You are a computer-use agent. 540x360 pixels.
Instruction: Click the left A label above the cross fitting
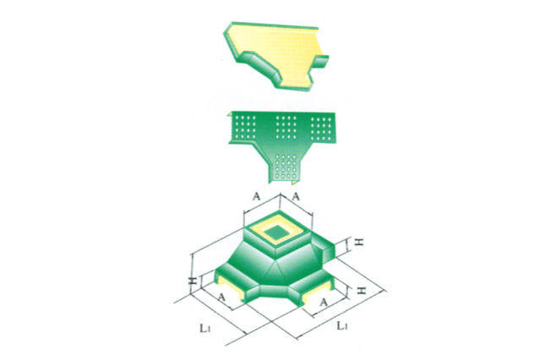256,196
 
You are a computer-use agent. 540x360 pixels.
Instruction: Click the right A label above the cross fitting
296,196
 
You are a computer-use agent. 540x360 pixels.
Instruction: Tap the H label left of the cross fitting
194,281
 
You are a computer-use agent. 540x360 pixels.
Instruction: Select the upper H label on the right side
359,243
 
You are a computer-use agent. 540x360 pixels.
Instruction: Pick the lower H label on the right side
361,291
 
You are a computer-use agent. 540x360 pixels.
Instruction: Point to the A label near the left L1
222,297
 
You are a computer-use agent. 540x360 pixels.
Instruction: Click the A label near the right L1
323,303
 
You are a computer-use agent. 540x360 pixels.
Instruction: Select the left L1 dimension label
205,328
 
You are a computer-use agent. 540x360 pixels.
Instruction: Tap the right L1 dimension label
342,325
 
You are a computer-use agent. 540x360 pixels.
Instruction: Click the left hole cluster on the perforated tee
244,127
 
